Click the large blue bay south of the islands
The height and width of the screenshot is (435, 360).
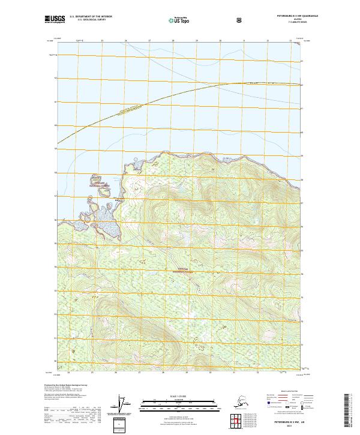pos(108,221)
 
